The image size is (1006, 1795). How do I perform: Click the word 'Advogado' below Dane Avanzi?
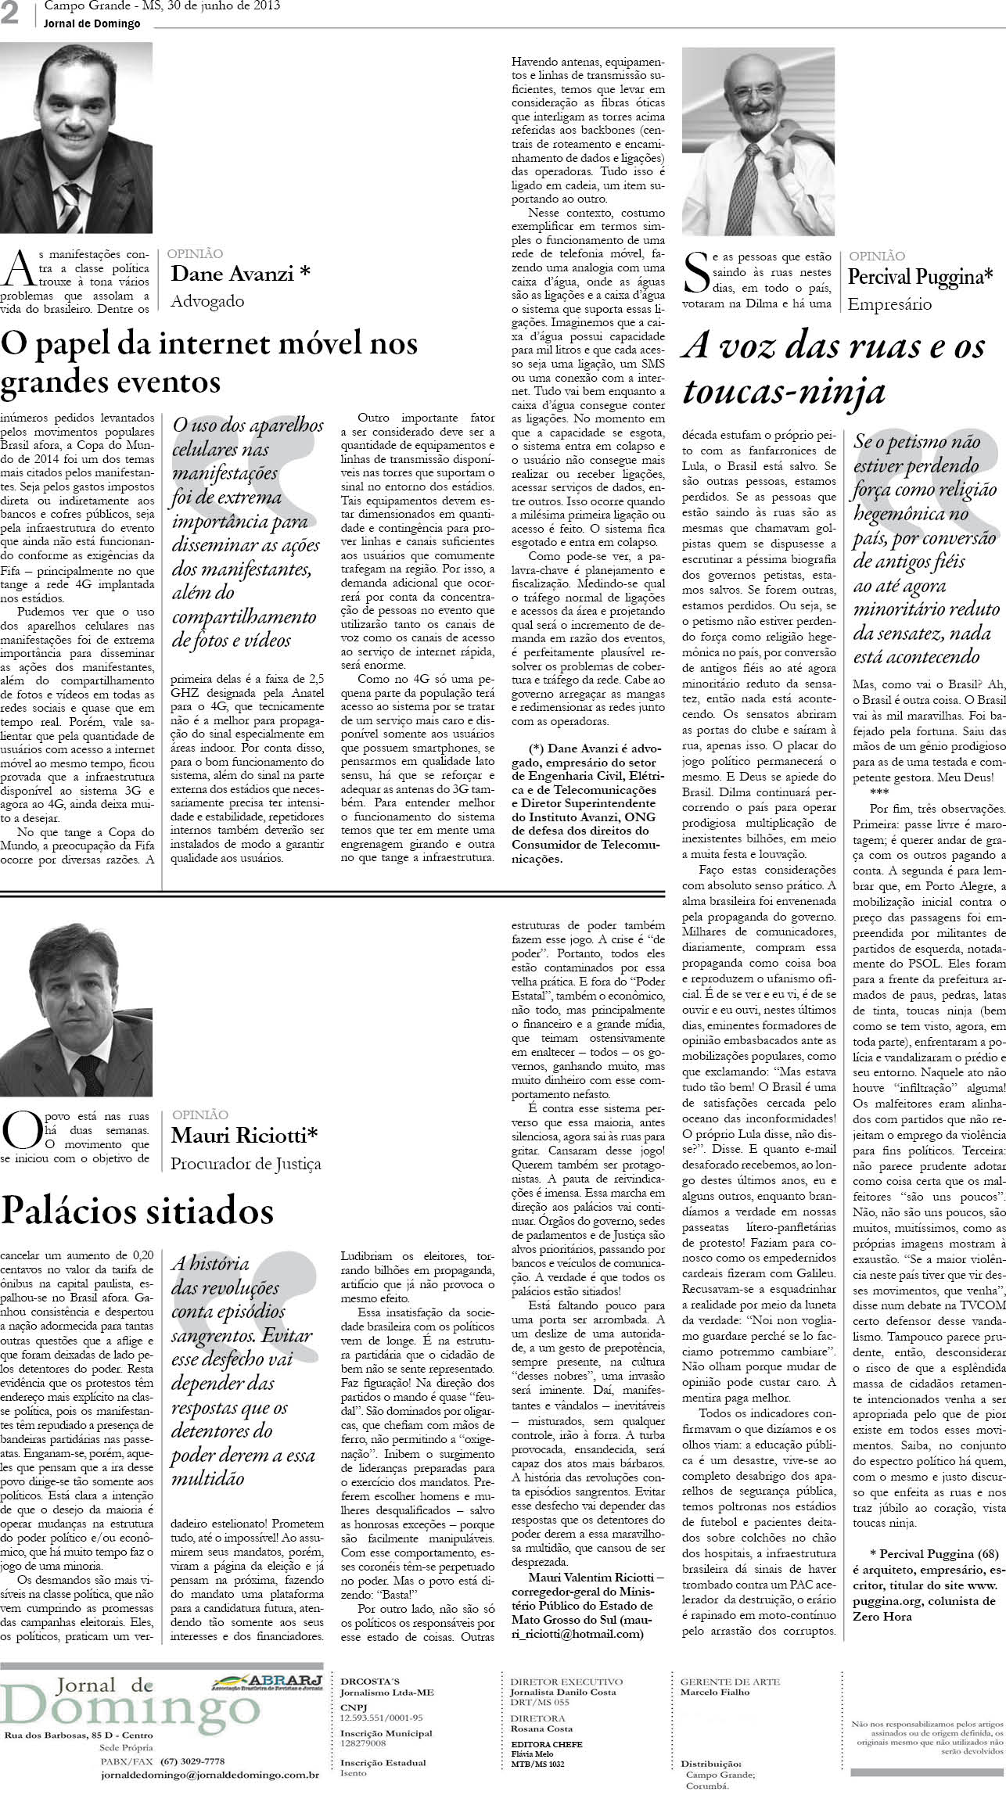207,301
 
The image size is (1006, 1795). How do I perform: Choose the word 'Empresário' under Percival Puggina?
889,304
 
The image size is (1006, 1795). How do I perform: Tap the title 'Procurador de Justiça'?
246,1163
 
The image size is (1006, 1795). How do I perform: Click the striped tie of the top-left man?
69,211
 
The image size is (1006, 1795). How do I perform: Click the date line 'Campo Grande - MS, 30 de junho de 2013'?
163,7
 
